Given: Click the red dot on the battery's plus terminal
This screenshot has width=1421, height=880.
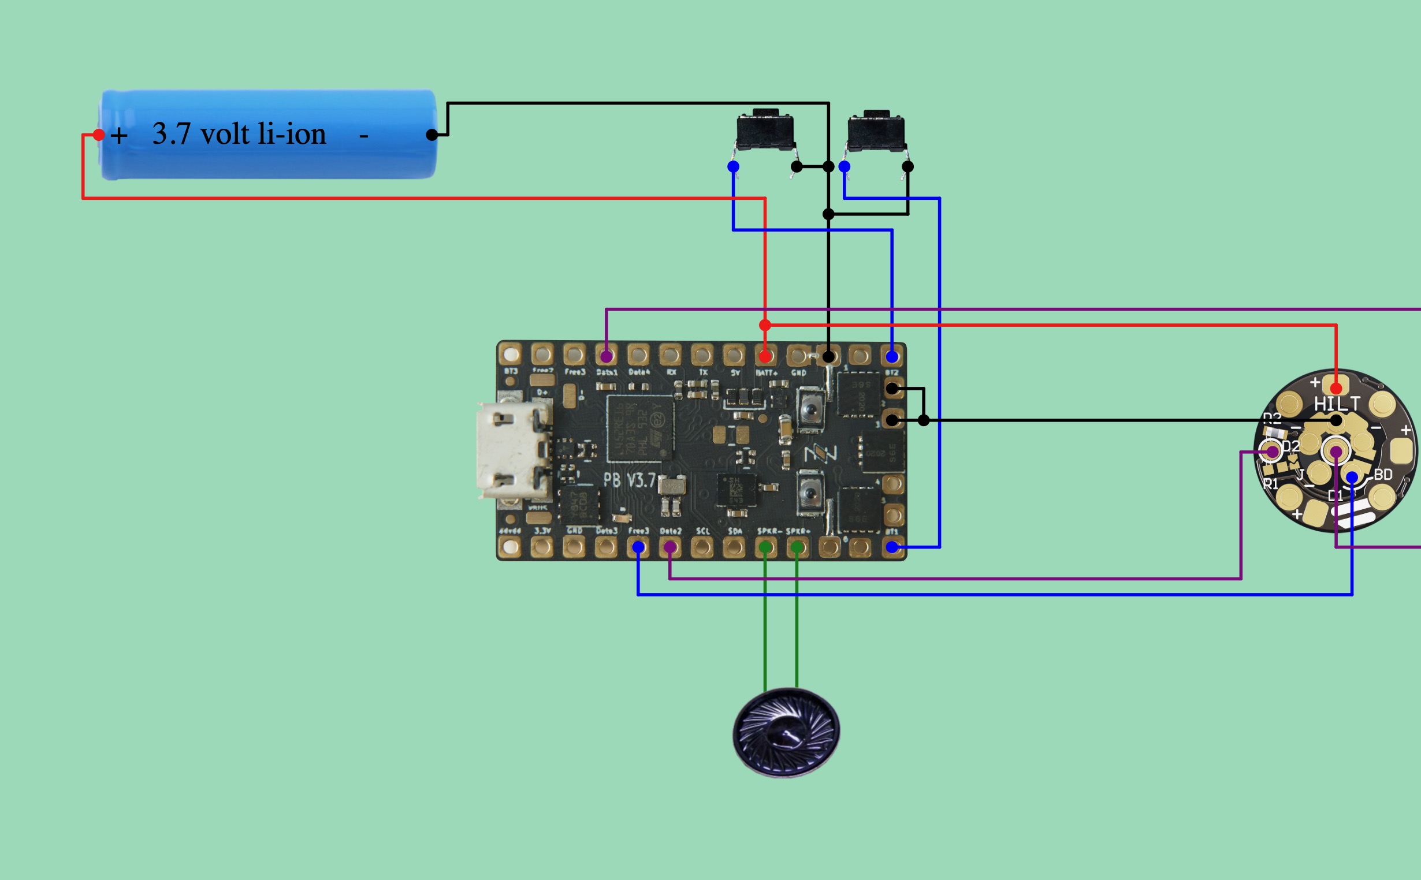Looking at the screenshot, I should click(x=99, y=135).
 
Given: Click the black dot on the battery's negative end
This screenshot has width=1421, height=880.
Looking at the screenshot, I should click(x=432, y=135).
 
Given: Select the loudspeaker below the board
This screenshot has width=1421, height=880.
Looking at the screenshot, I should click(x=786, y=732).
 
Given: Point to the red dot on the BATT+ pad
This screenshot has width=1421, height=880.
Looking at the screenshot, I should click(x=765, y=356).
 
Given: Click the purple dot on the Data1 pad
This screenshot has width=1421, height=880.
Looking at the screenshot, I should click(x=607, y=356).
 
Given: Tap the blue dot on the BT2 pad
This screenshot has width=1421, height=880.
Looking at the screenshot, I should click(x=892, y=356).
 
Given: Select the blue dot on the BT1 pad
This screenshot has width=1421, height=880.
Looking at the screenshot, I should click(x=892, y=547).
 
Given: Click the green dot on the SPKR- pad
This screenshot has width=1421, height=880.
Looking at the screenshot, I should click(x=765, y=547).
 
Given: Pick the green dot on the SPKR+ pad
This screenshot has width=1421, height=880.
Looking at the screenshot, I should click(x=797, y=547).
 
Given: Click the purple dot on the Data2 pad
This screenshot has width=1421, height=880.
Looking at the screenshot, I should click(x=670, y=547).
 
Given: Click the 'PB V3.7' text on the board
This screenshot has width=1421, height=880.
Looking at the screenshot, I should click(x=629, y=480).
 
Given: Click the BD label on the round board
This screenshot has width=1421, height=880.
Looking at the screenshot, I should click(x=1383, y=475).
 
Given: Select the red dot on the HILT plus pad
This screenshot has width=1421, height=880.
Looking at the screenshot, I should click(x=1337, y=388).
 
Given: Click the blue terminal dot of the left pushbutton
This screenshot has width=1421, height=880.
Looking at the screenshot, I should click(x=734, y=167).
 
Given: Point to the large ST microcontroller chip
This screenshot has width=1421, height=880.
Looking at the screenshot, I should click(x=640, y=428).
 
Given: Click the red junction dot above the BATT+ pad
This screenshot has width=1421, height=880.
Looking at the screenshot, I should click(x=765, y=325).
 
